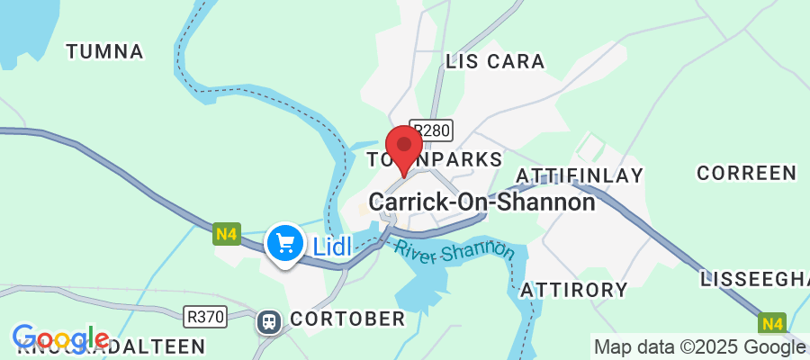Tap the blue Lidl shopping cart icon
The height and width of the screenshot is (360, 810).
(285, 243)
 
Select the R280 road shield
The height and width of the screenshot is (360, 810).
(429, 130)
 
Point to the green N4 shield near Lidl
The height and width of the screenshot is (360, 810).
(227, 236)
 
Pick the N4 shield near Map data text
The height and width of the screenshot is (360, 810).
(771, 323)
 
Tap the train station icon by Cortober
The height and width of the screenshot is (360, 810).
(268, 319)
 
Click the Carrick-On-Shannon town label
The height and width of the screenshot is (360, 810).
(482, 202)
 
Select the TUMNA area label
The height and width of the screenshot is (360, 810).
(105, 51)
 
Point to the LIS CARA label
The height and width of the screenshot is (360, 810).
(495, 61)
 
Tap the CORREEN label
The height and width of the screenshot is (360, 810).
(747, 173)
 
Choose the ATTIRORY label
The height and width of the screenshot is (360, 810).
(574, 290)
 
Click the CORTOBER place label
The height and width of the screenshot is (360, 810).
(347, 319)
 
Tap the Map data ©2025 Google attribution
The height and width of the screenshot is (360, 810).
(698, 346)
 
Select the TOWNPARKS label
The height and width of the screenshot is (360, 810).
(435, 159)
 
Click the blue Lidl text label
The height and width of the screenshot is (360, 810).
(331, 245)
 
